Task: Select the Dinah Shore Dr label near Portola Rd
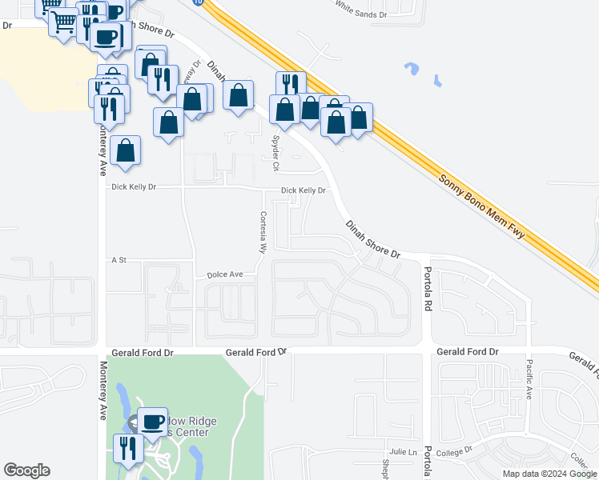coord(373,240)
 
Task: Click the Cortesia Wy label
coord(262,232)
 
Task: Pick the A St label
coord(120,260)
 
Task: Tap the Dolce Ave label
coord(225,274)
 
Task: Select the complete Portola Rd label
coord(428,289)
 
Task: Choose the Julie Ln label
coord(404,452)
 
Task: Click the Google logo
coord(26,470)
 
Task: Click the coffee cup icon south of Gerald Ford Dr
coord(152,422)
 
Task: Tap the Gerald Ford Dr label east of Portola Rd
coord(468,352)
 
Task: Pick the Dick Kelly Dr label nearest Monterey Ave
coord(134,187)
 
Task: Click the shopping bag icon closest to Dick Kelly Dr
coord(127,150)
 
